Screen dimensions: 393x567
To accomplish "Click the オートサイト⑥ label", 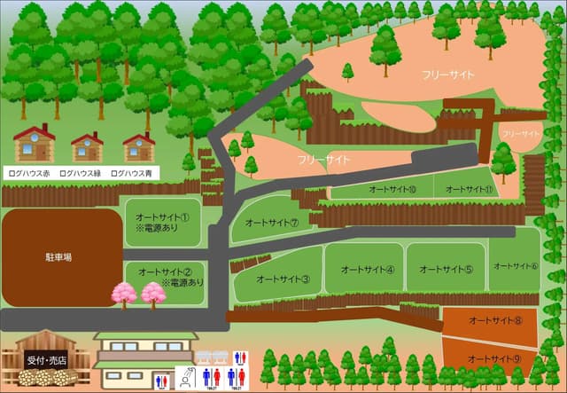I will (514, 265).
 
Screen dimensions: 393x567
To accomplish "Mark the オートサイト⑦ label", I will (271, 223).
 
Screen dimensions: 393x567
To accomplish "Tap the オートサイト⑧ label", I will (495, 320).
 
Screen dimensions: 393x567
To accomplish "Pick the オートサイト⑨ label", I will (495, 358).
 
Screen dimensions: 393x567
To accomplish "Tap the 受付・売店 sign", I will (46, 361).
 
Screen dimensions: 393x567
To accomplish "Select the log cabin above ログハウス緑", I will (87, 146).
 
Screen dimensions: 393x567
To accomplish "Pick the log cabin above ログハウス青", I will (138, 146).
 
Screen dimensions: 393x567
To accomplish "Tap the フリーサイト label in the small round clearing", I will (520, 133).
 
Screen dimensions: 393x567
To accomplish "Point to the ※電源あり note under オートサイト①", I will (158, 228).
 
